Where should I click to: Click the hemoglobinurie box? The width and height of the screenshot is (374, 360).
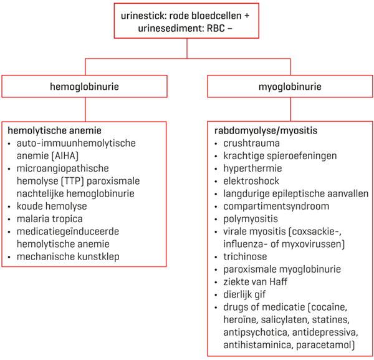85,87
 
